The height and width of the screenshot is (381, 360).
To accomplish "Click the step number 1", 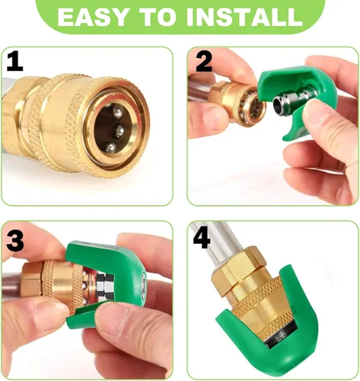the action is click(14, 61).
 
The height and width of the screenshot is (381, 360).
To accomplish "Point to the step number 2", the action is click(204, 62).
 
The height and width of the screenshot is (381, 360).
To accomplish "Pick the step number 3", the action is click(15, 242).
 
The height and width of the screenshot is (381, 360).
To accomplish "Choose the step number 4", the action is click(202, 239).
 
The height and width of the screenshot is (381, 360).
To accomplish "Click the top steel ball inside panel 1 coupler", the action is click(117, 113).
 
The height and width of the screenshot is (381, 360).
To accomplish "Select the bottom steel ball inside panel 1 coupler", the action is click(110, 147).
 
